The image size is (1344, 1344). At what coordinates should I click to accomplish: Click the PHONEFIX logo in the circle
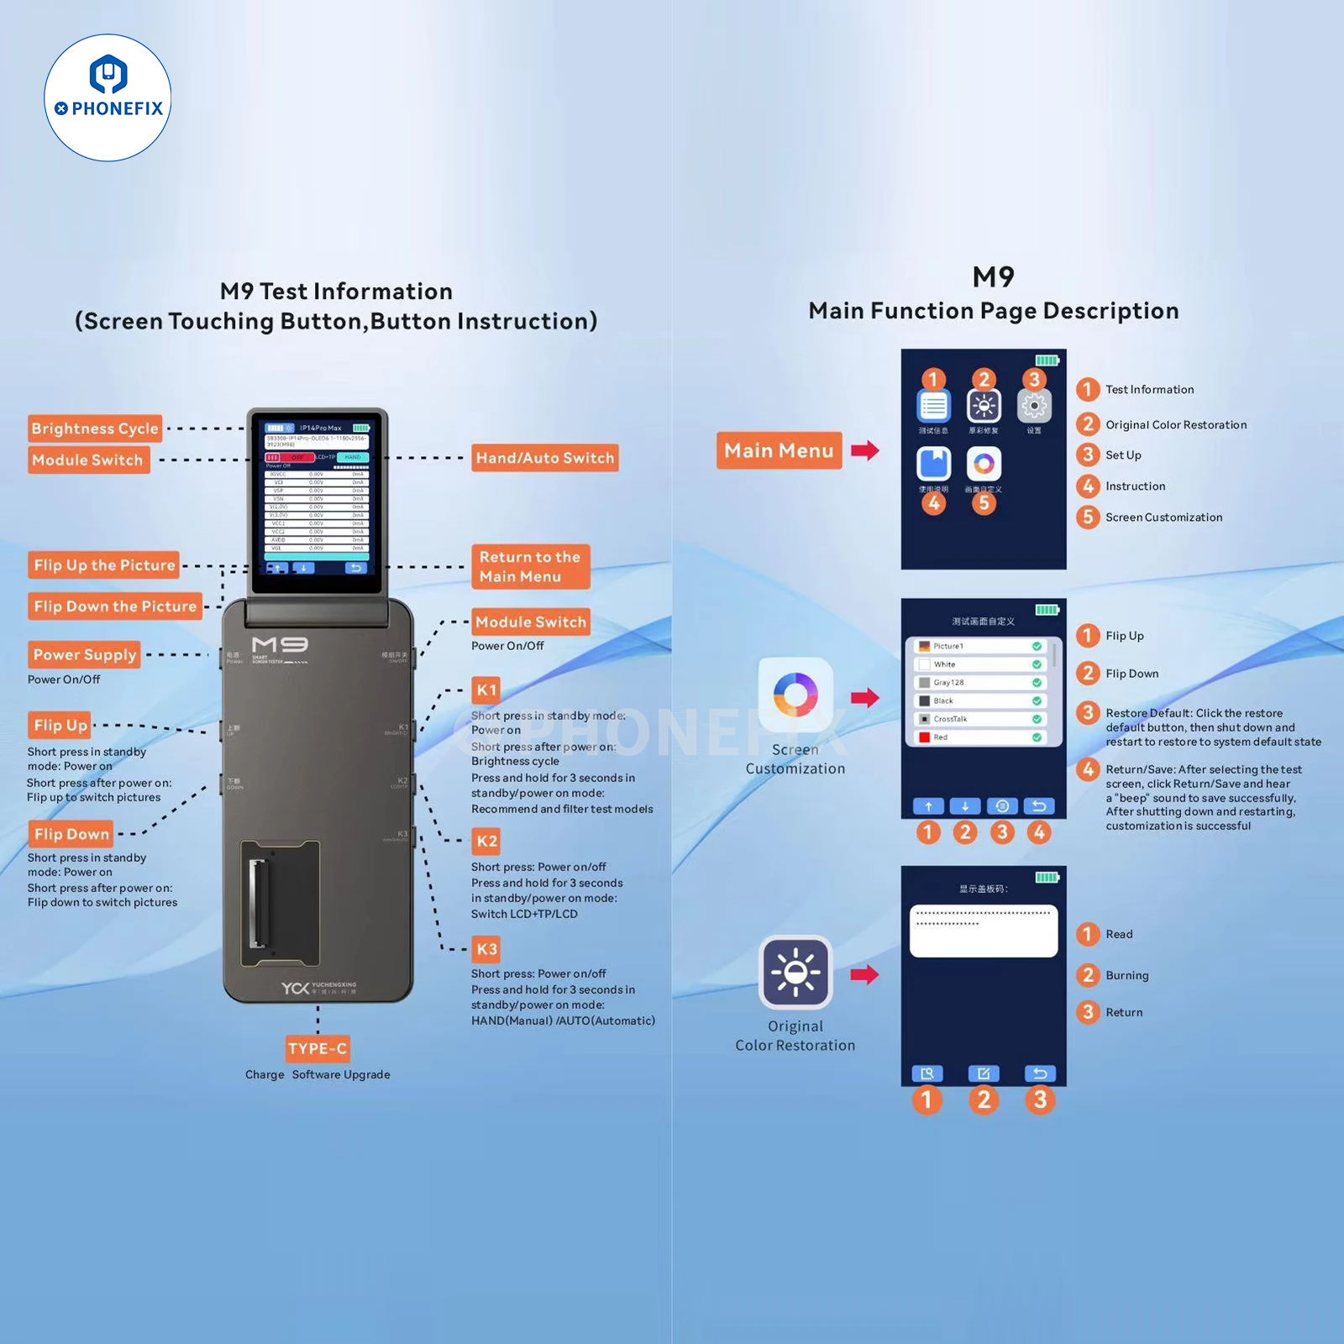click(108, 97)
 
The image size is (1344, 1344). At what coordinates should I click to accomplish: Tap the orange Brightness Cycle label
click(94, 428)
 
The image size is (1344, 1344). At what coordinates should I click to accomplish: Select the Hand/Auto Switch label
click(544, 458)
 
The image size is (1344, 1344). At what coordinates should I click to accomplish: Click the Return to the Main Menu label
click(529, 566)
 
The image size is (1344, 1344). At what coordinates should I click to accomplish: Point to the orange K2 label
click(486, 841)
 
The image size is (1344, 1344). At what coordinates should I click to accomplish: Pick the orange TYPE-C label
click(317, 1048)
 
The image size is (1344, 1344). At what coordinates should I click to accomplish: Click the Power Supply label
click(84, 654)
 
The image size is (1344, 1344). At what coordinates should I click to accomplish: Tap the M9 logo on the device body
click(280, 645)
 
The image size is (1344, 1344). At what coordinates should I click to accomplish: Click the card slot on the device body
click(280, 903)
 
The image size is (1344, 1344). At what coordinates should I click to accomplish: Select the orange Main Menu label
click(779, 450)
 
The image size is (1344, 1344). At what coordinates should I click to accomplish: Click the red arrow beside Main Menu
click(864, 450)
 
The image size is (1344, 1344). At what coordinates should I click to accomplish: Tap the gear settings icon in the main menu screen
click(1034, 407)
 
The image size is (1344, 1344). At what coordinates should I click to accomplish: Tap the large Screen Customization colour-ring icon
click(795, 695)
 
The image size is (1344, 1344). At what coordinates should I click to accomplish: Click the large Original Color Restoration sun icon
click(795, 972)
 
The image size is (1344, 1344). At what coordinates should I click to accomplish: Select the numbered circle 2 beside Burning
click(1088, 974)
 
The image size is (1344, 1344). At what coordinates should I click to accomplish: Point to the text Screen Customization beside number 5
click(1163, 517)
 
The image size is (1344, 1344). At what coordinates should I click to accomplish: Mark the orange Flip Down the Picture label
click(115, 606)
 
